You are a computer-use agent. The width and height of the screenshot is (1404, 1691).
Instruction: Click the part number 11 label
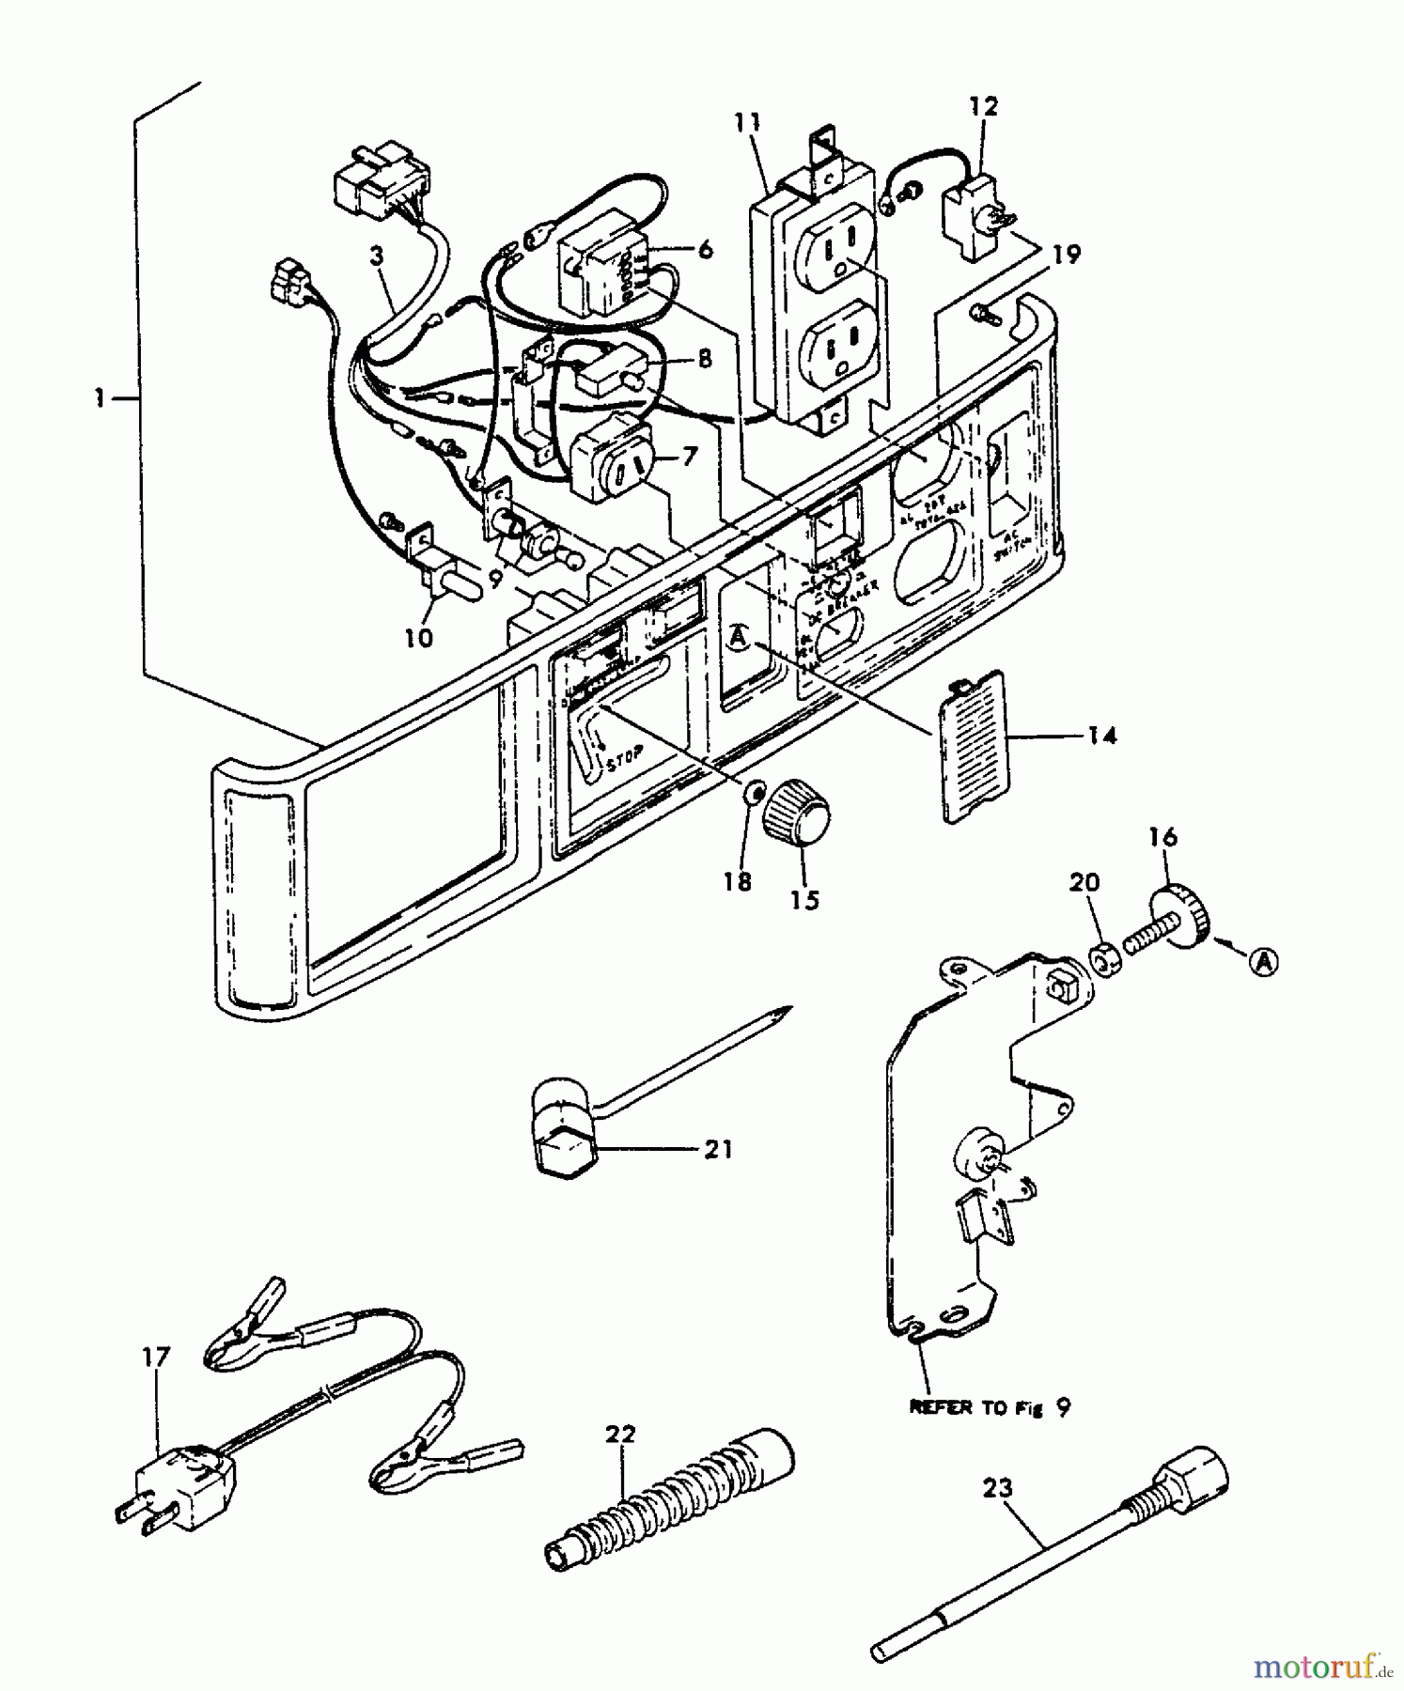pyautogui.click(x=748, y=123)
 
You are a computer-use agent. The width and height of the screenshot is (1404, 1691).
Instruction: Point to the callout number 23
pyautogui.click(x=998, y=1487)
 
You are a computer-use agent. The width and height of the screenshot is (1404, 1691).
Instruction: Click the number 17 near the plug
pyautogui.click(x=156, y=1358)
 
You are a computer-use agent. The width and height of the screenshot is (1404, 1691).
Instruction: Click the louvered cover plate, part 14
pyautogui.click(x=974, y=747)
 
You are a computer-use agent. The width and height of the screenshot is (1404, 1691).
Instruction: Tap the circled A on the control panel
pyautogui.click(x=739, y=639)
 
